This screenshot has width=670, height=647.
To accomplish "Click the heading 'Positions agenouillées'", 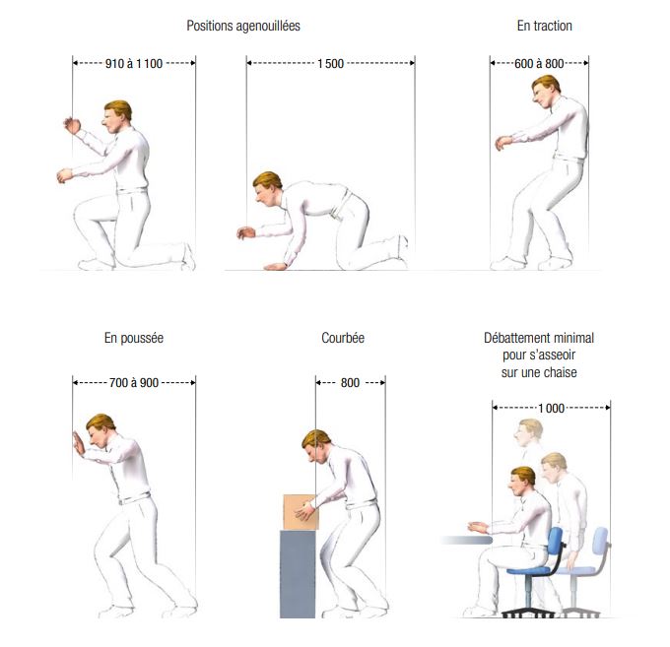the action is pyautogui.click(x=243, y=26).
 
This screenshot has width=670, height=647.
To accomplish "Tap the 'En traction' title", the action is pyautogui.click(x=544, y=26).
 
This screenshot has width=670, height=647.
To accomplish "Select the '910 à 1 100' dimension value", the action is pyautogui.click(x=134, y=64).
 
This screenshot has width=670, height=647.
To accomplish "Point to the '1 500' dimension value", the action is pyautogui.click(x=330, y=64).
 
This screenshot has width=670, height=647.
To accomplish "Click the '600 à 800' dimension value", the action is pyautogui.click(x=539, y=64).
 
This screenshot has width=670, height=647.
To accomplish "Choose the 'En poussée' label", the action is pyautogui.click(x=134, y=338).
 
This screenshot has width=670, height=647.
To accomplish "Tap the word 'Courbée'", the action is pyautogui.click(x=343, y=338).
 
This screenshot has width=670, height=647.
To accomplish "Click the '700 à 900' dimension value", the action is pyautogui.click(x=134, y=383).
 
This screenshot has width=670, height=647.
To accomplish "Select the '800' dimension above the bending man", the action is pyautogui.click(x=350, y=383).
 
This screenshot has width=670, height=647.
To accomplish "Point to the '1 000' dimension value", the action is pyautogui.click(x=551, y=409).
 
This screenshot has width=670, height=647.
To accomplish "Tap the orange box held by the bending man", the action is pyautogui.click(x=301, y=512).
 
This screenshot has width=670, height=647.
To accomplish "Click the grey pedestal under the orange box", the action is pyautogui.click(x=298, y=574).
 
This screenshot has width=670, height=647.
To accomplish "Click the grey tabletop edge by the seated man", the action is pyautogui.click(x=467, y=541).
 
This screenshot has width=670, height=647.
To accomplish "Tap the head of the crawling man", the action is pyautogui.click(x=267, y=188).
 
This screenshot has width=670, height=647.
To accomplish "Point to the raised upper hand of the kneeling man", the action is pyautogui.click(x=72, y=125).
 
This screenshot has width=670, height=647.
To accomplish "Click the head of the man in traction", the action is pyautogui.click(x=545, y=91).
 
